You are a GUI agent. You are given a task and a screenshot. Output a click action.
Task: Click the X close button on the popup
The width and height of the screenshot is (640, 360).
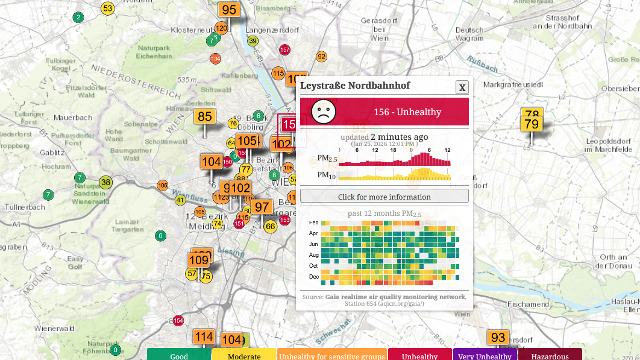[x=462, y=87]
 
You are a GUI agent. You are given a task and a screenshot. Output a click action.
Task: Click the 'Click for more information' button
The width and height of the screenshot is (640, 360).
[x=384, y=196]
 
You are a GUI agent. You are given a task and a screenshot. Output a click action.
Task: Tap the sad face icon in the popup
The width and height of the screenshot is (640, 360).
[x=323, y=112]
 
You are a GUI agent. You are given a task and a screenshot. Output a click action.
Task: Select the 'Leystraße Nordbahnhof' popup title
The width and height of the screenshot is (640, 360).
[x=355, y=86]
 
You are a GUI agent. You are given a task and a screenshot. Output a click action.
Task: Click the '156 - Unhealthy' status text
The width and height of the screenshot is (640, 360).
[x=407, y=112]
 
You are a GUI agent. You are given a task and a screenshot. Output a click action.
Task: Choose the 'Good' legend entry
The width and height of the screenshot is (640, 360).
[x=179, y=355]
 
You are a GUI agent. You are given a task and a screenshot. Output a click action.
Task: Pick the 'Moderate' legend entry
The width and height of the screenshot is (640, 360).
[x=244, y=355]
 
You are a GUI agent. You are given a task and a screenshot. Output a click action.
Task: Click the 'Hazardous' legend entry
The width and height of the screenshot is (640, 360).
[x=550, y=355]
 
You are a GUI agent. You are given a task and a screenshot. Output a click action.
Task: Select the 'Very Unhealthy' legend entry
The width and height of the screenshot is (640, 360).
[x=484, y=355]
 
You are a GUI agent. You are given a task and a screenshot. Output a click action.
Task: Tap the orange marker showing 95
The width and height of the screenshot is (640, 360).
[x=229, y=10]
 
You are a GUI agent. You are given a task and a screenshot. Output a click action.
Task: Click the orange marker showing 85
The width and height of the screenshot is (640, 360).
[x=205, y=116]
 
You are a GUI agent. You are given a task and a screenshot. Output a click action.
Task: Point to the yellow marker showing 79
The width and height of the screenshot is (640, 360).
[x=532, y=124]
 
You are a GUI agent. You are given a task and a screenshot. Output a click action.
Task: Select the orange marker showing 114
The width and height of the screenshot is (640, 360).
[x=204, y=336]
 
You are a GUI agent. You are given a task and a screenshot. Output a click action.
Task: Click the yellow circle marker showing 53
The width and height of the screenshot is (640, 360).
[x=107, y=8]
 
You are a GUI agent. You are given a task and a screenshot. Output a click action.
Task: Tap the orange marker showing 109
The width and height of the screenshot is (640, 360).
[x=198, y=261]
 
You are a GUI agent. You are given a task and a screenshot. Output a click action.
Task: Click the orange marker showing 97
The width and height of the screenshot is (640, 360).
[x=262, y=207]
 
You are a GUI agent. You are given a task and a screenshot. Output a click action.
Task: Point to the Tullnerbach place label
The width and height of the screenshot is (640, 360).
[x=25, y=207]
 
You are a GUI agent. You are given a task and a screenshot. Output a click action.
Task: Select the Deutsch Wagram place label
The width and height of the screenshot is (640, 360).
[x=469, y=34]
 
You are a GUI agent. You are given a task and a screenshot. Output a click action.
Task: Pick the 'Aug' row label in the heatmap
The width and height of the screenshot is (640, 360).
[x=313, y=254]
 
